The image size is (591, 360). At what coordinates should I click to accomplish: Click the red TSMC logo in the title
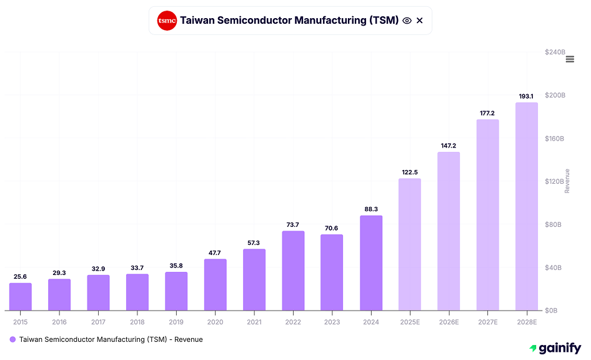pos(167,21)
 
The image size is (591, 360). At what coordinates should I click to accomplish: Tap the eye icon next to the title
pos(407,21)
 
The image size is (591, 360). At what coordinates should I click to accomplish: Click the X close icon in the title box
pos(420,21)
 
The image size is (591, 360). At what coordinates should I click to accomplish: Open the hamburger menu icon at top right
pos(570,59)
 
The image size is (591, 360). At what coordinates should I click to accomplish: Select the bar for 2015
pos(20,296)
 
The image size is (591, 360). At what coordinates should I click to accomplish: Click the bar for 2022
pos(293,271)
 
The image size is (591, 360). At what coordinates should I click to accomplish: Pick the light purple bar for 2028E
pos(526,206)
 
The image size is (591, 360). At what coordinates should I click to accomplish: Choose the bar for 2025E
pos(409,244)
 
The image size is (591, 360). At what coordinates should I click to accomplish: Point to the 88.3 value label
pos(371,209)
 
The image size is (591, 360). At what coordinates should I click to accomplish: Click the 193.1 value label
pos(526,96)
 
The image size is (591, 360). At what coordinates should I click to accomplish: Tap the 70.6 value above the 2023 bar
pos(332,228)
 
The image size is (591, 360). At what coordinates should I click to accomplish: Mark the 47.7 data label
pos(215,252)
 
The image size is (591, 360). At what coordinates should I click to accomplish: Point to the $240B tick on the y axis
pos(555,52)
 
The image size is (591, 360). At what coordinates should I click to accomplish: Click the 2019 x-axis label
pos(176,321)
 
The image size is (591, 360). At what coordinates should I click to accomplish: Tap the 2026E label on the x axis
pos(448,321)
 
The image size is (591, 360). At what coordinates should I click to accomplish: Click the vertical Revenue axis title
pos(567,181)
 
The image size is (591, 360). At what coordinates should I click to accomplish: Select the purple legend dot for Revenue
pos(12,339)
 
